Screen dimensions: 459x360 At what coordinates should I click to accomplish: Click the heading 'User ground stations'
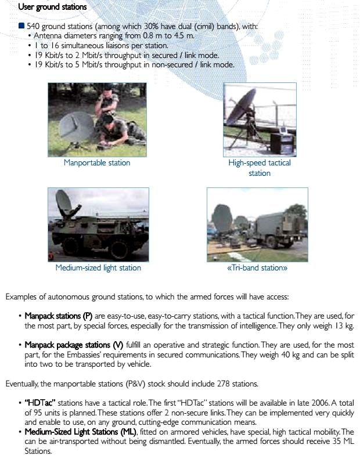click(52, 7)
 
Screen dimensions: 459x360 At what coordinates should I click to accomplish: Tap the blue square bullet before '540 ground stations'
click(21, 26)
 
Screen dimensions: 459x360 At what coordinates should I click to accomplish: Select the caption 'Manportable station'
click(97, 163)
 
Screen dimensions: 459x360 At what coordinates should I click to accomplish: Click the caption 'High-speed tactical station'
click(260, 168)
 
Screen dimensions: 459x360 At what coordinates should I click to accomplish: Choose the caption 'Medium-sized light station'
click(98, 268)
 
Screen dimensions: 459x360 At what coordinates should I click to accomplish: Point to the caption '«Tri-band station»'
click(257, 268)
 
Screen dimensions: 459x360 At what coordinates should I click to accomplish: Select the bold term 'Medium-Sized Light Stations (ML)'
click(80, 432)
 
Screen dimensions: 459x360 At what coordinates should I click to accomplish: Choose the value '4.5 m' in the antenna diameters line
click(183, 36)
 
